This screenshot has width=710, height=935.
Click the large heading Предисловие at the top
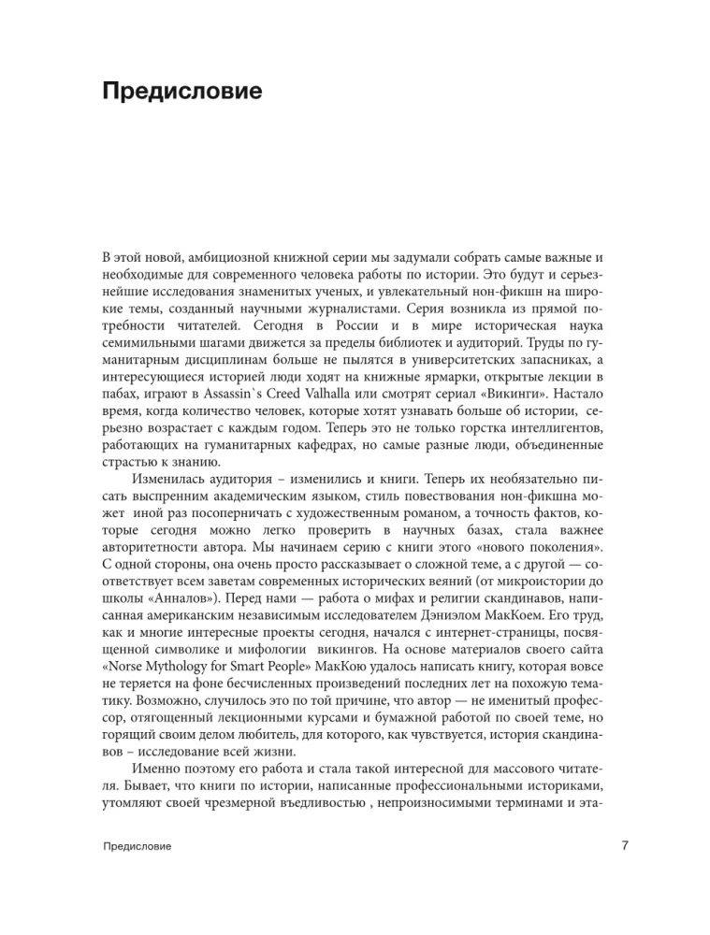(181, 93)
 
